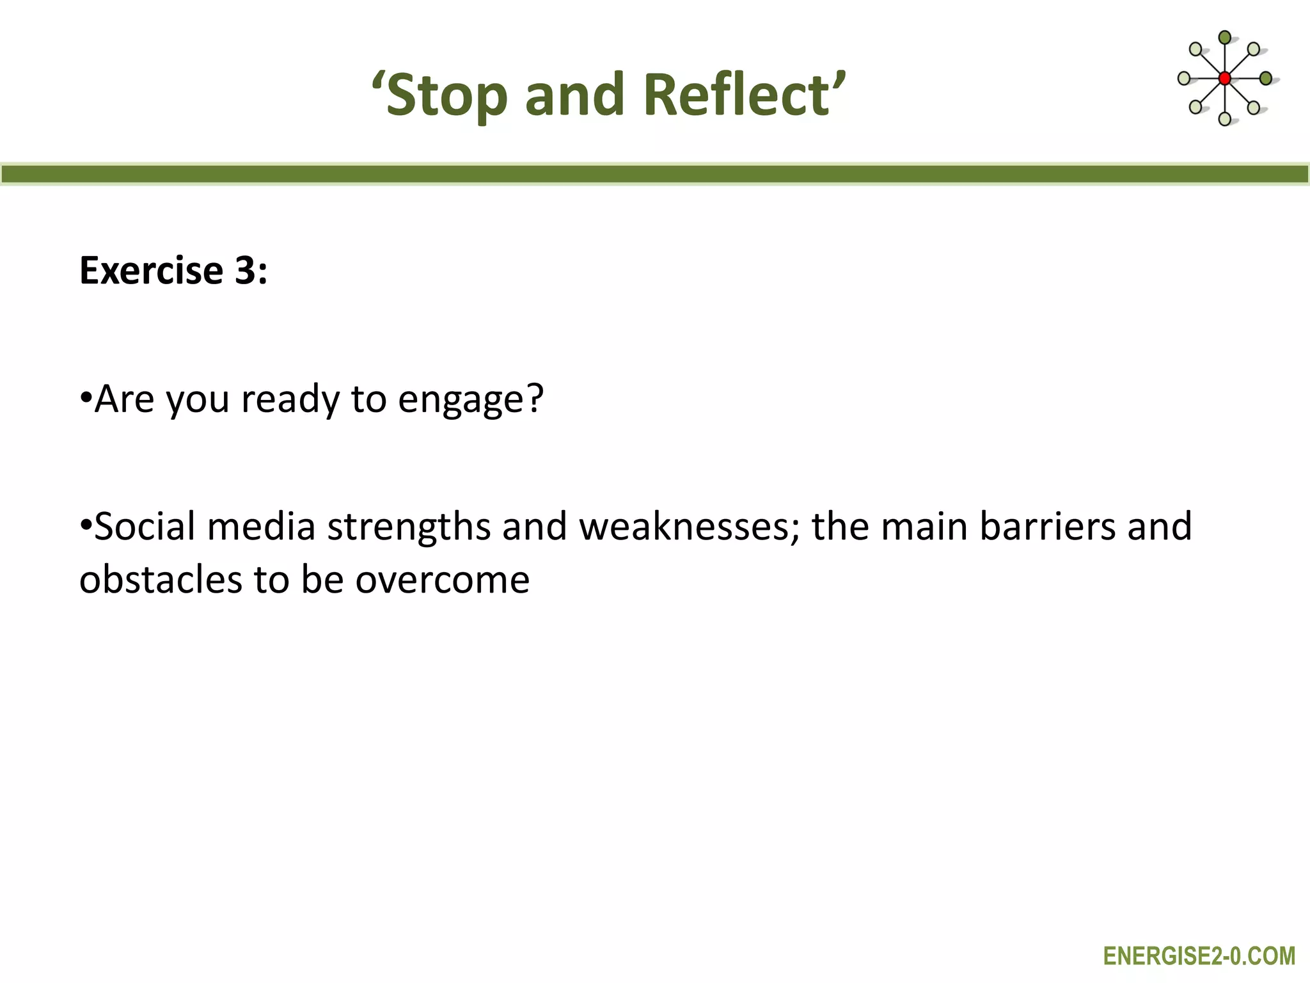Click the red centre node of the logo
pos(1224,79)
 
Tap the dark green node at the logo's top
pos(1224,37)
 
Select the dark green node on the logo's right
pos(1266,79)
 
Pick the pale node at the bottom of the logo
pos(1224,119)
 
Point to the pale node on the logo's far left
pos(1184,79)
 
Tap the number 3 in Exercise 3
pos(245,270)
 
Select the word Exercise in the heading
pos(151,270)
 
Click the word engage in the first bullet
pos(462,399)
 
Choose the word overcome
pos(443,580)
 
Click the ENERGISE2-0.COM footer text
pos(1199,955)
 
